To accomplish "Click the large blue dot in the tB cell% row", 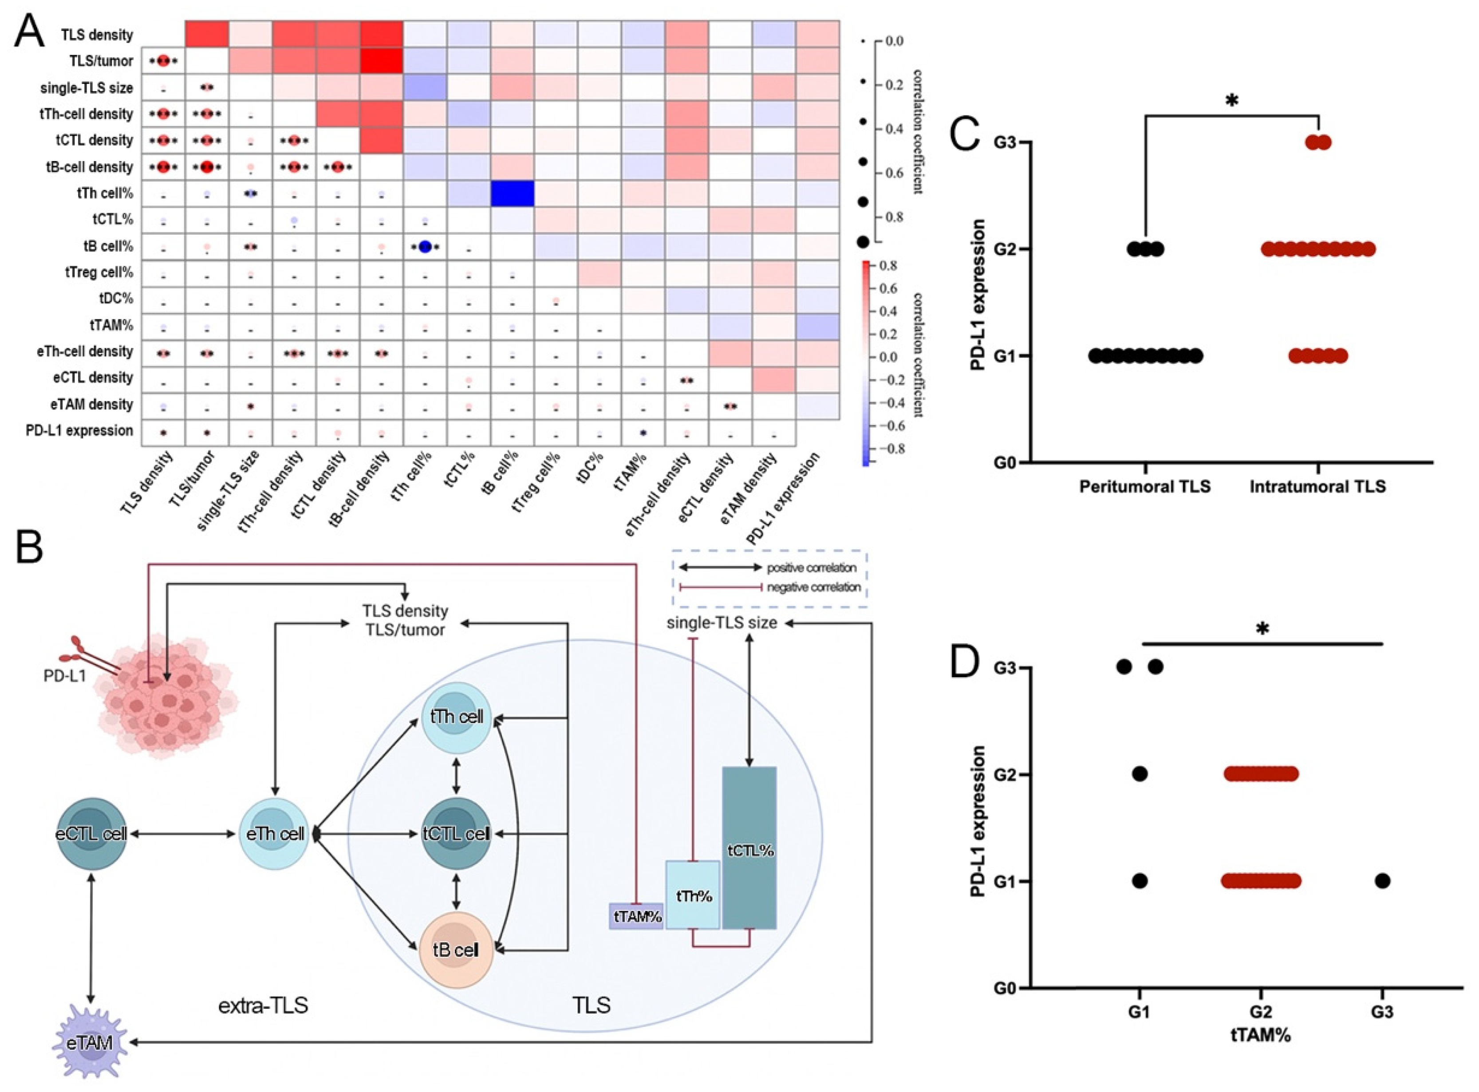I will pyautogui.click(x=425, y=247).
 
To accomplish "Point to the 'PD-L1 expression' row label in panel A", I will pyautogui.click(x=79, y=430).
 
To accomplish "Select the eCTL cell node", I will pyautogui.click(x=91, y=834).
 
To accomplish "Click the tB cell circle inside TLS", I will pyautogui.click(x=456, y=950).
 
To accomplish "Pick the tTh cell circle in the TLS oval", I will pyautogui.click(x=456, y=717).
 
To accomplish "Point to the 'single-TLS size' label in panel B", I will pyautogui.click(x=722, y=622).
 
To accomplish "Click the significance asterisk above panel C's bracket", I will pyautogui.click(x=1231, y=101).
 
